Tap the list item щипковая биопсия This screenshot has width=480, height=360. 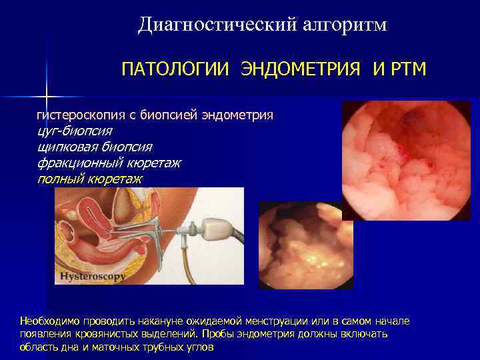tap(95, 147)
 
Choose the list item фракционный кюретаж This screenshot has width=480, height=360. tap(109, 163)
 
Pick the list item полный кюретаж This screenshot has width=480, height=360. tap(90, 179)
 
